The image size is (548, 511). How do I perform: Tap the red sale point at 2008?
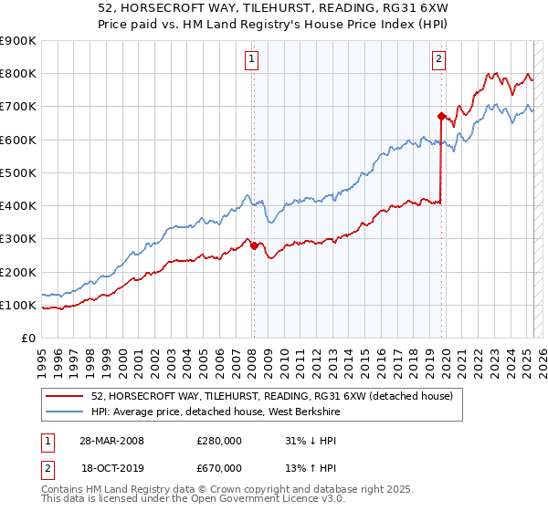(x=254, y=245)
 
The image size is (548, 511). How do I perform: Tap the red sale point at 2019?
(x=441, y=116)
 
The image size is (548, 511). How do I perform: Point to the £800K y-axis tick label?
(x=18, y=74)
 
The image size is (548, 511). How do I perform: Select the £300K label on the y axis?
(x=18, y=239)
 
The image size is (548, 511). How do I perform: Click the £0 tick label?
(x=27, y=339)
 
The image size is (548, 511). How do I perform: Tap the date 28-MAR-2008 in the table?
(x=111, y=441)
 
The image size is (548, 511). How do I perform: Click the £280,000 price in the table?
(x=219, y=441)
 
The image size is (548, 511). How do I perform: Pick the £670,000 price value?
(x=219, y=468)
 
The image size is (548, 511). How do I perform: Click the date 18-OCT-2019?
(x=111, y=468)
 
